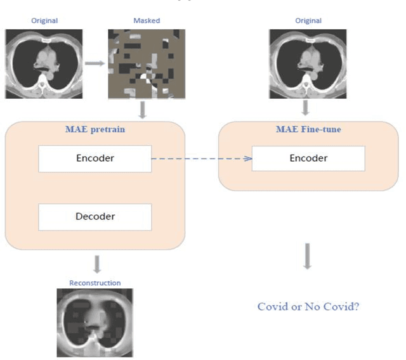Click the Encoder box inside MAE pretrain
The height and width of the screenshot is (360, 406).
(95, 158)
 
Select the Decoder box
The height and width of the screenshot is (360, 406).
(95, 217)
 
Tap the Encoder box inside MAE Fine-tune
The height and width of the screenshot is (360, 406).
(308, 158)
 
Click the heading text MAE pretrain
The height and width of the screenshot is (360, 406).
(95, 130)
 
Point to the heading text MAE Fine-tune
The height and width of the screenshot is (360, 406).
(308, 130)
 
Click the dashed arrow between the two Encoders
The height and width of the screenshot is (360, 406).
(202, 158)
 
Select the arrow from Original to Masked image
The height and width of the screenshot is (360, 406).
(96, 63)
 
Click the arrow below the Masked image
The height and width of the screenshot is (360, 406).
(143, 110)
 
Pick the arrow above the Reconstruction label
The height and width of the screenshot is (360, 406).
(97, 264)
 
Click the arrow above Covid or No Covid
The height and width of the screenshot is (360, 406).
(307, 255)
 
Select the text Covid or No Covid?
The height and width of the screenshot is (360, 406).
(308, 307)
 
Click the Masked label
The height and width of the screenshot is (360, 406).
(147, 20)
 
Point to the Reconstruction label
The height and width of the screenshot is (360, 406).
(95, 283)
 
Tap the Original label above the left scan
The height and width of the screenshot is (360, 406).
(44, 20)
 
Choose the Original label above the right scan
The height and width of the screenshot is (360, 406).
(308, 20)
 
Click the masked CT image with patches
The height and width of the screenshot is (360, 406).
(147, 63)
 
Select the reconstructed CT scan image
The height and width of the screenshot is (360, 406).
(95, 321)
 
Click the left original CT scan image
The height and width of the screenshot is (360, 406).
(44, 63)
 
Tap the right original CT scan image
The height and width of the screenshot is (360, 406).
(308, 63)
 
